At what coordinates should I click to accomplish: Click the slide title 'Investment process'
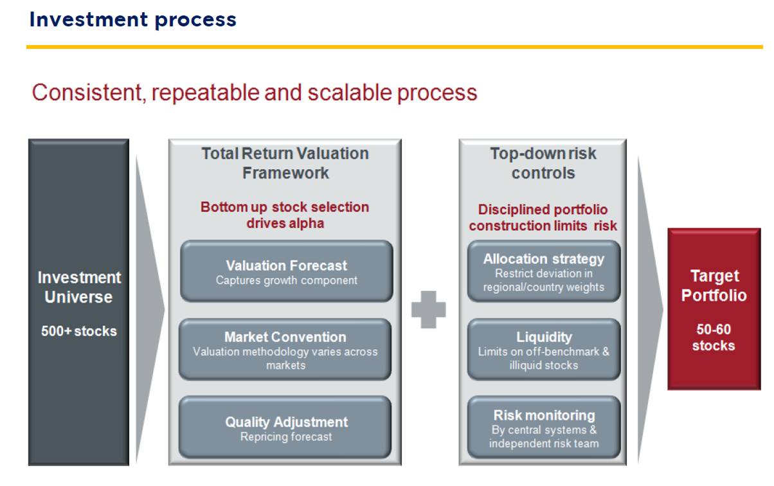(x=133, y=20)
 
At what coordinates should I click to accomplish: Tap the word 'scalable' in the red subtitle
(x=349, y=93)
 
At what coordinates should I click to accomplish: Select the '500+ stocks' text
(x=79, y=331)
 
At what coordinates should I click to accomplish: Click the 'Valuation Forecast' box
(x=287, y=271)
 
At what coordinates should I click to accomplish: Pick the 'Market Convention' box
(x=285, y=349)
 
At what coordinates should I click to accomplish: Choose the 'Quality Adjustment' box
(x=285, y=428)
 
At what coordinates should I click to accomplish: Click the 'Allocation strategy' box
(x=544, y=271)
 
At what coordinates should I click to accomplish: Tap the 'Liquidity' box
(x=544, y=349)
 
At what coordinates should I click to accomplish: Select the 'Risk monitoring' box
(x=544, y=428)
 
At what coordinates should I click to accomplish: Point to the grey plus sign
(x=428, y=309)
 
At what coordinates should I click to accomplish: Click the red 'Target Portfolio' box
(x=714, y=309)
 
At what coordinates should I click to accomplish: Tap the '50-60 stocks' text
(x=714, y=337)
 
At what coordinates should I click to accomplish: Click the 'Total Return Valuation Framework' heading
(x=285, y=163)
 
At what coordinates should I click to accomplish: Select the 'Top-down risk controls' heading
(x=543, y=163)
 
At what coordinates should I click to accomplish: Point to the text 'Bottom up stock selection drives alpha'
(x=285, y=215)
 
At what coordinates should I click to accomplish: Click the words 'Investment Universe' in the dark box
(x=79, y=287)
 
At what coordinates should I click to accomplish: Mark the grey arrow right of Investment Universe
(x=150, y=309)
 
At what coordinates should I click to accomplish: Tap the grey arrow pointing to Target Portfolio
(x=650, y=309)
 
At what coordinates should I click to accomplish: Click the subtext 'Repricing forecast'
(x=286, y=437)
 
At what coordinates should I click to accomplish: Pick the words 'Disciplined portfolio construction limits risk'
(x=543, y=217)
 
